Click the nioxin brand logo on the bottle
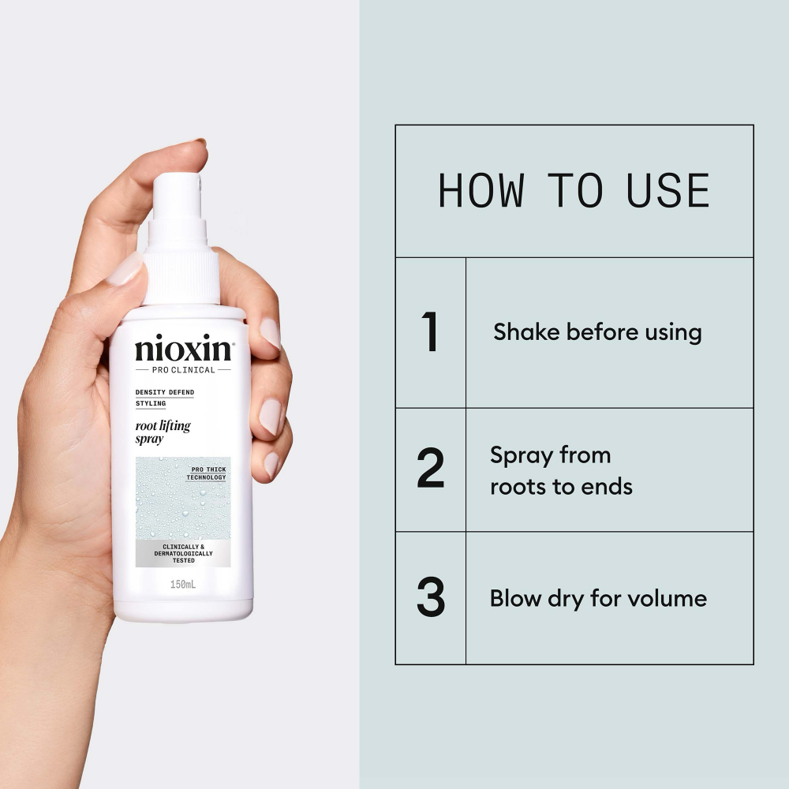182,350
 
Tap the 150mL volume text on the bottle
182,585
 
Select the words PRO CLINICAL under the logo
182,370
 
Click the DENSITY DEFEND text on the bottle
165,392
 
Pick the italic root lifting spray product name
163,432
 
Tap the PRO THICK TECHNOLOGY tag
208,473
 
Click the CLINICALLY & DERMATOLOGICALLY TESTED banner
183,554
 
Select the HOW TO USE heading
574,191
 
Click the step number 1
430,332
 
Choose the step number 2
430,470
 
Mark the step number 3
430,598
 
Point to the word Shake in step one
523,332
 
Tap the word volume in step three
669,598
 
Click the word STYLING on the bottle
151,404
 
